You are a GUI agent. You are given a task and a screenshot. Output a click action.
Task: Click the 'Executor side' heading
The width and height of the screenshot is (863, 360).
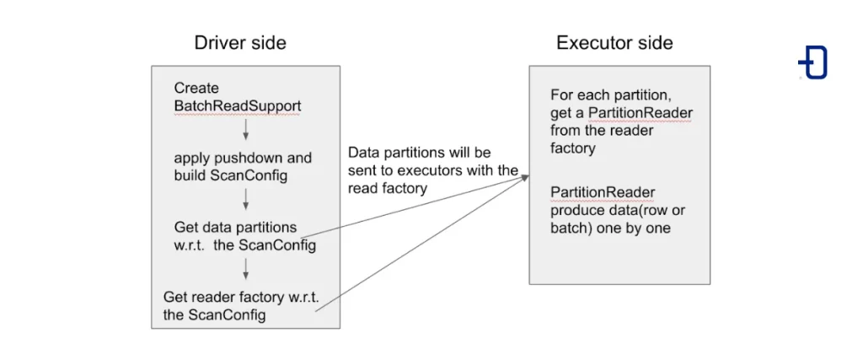614,43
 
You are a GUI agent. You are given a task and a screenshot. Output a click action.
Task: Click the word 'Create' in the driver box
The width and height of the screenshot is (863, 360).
196,88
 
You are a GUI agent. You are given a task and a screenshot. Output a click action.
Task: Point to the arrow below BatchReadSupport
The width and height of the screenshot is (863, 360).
245,128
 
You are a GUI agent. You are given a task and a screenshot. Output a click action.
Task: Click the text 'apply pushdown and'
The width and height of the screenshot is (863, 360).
243,158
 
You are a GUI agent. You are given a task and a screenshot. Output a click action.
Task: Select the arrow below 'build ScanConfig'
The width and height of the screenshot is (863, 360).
245,199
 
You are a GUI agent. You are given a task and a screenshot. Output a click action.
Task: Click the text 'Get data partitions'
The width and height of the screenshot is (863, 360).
235,227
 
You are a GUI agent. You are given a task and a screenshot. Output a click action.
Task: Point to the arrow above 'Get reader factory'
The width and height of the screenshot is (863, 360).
245,268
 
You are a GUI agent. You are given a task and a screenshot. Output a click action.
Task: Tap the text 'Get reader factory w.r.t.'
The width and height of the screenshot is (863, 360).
240,298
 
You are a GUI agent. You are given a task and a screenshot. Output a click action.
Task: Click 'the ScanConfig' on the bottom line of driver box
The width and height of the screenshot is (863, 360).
214,314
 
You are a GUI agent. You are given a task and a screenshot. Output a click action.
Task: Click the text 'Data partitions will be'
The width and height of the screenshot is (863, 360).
419,153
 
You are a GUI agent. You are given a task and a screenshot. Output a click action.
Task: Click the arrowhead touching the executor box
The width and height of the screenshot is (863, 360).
524,176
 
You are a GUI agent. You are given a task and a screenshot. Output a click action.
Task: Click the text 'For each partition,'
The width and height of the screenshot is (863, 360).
609,94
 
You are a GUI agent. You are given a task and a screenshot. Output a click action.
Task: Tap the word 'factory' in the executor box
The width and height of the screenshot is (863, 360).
573,148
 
